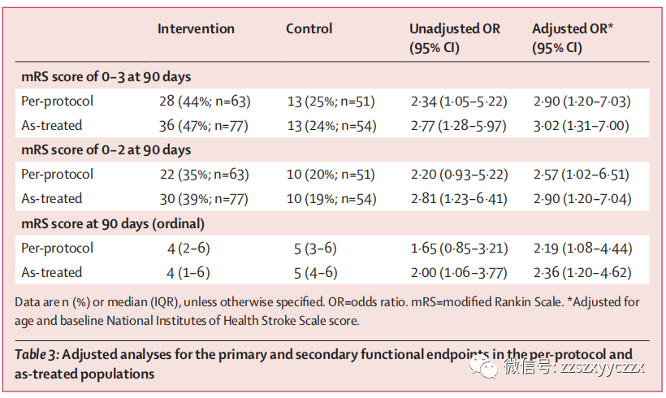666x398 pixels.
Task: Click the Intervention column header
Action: (x=196, y=28)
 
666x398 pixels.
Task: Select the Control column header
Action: (x=309, y=28)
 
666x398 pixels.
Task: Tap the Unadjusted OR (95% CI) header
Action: (x=455, y=38)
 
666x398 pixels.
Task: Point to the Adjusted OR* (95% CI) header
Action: (x=573, y=38)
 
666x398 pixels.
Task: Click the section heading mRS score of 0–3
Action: (x=106, y=76)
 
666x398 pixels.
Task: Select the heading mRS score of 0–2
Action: (x=106, y=149)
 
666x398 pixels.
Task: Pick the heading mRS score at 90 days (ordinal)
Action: (x=113, y=223)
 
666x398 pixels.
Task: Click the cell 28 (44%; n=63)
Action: (x=205, y=101)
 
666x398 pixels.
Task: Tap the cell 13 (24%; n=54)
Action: (x=331, y=126)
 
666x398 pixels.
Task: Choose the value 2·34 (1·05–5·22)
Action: (x=459, y=102)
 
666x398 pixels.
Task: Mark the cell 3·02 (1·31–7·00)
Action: (x=581, y=126)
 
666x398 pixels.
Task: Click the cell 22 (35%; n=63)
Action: (x=205, y=175)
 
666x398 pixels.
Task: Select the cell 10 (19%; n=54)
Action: (x=331, y=199)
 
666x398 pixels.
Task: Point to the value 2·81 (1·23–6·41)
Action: (x=459, y=199)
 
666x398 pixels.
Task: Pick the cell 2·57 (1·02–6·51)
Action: (x=581, y=175)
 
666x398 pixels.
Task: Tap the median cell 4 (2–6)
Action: (x=188, y=248)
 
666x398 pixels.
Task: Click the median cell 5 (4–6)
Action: (x=316, y=273)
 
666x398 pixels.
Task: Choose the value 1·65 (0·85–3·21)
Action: (x=459, y=248)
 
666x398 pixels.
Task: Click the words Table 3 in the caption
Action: (x=36, y=354)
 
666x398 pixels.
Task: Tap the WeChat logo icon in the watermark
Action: (x=483, y=366)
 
